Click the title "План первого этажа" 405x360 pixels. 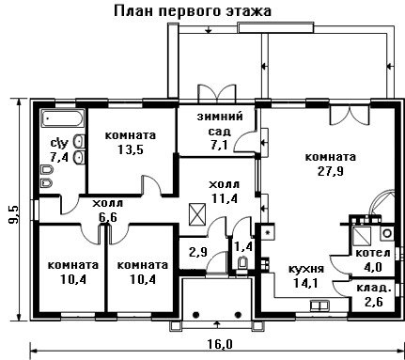tap(193, 11)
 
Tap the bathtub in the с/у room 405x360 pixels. tap(63, 118)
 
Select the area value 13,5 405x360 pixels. tap(131, 149)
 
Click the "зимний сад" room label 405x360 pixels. tap(220, 123)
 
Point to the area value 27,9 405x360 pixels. tap(331, 171)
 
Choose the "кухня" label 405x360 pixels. tap(306, 269)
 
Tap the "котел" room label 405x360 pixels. tap(373, 253)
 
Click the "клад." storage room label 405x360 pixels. tap(374, 288)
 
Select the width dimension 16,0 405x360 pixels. tap(220, 344)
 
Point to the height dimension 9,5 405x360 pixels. tap(14, 214)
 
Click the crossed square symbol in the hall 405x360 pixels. tap(197, 214)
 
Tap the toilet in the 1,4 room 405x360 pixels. tap(242, 263)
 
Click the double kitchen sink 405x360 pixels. tap(319, 305)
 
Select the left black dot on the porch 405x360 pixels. tap(196, 315)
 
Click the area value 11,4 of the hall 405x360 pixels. tap(225, 198)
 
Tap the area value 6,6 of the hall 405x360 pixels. tap(108, 217)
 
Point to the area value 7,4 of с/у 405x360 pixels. tap(59, 157)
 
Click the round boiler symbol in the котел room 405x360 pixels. tap(387, 233)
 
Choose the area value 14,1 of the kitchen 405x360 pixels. tap(306, 283)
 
